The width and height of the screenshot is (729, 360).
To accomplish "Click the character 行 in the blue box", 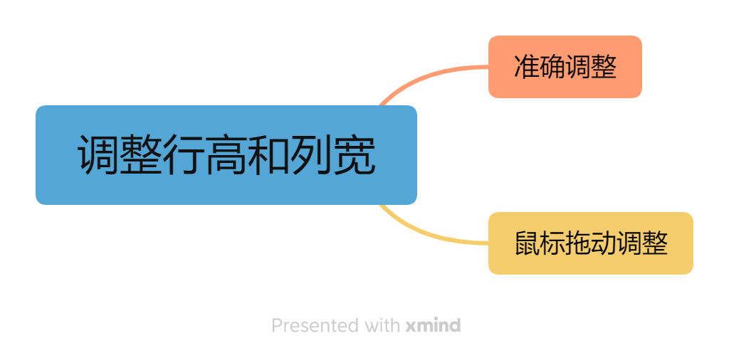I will (184, 155).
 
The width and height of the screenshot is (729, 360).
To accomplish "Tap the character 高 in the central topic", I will (226, 155).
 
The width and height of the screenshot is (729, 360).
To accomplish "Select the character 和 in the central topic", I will (269, 155).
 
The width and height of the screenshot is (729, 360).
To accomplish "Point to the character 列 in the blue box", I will (312, 155).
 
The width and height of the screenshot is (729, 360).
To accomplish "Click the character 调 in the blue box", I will (98, 155).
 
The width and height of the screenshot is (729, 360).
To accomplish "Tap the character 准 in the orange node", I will (527, 68).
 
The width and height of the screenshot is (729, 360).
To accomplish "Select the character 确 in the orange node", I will (552, 68).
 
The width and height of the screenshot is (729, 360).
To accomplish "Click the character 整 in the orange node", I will (604, 68).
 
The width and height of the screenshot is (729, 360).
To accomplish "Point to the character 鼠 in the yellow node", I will (527, 244).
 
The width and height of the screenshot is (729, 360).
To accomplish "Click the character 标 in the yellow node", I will (552, 244).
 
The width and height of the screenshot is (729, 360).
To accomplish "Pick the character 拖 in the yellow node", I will (578, 244).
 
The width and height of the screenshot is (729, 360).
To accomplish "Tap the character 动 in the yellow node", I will (604, 244).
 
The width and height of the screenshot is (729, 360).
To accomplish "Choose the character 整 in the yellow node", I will (655, 244).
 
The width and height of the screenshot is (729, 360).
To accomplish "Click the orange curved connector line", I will (427, 76).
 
